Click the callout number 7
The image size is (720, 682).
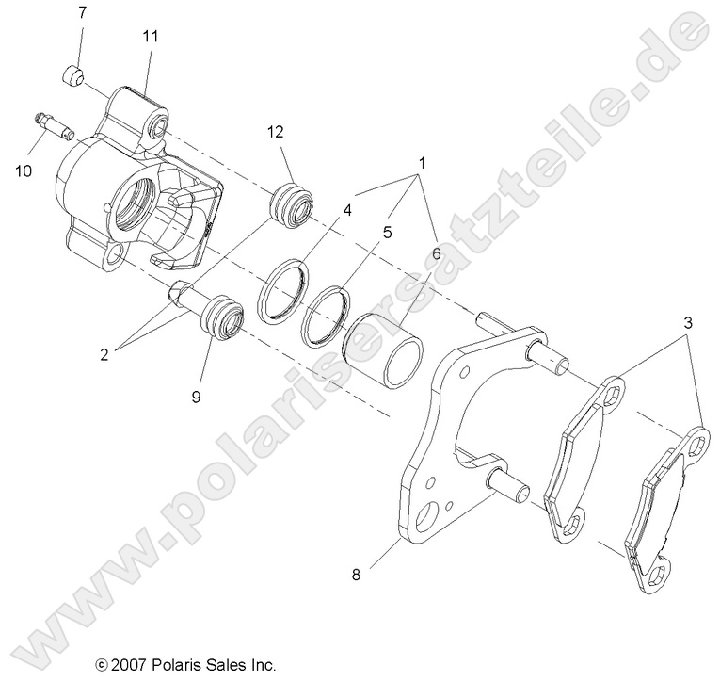click(81, 13)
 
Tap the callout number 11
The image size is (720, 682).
click(150, 36)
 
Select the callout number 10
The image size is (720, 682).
click(23, 170)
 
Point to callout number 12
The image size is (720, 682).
click(275, 133)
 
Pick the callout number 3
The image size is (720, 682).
click(691, 321)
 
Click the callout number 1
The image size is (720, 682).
click(423, 163)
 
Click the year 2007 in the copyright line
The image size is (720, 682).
click(129, 664)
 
